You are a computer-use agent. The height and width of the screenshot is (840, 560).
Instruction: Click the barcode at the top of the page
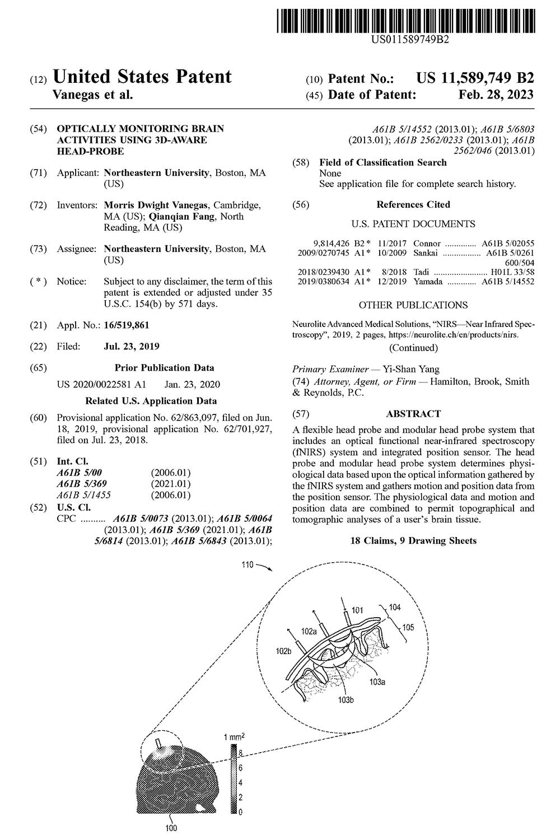coord(405,18)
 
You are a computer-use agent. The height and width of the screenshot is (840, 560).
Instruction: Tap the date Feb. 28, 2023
coord(496,95)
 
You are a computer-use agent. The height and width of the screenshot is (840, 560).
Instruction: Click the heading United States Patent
coord(142,77)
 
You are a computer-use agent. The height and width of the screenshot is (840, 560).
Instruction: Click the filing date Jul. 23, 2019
coord(132,346)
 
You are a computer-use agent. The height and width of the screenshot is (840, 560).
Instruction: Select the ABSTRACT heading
coord(413,414)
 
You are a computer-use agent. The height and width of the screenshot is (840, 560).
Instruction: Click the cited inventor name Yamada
coord(428,282)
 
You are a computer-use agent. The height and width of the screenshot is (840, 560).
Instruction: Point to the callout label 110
coord(248,565)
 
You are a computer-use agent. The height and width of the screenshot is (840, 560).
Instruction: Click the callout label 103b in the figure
coord(347,699)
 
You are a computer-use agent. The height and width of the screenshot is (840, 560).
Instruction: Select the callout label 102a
coord(310,631)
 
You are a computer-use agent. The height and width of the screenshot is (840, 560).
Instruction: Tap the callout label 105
coord(408,627)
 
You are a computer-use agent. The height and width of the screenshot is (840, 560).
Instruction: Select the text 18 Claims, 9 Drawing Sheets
coord(413,540)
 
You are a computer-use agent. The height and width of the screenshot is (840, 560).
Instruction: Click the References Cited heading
coord(413,204)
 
